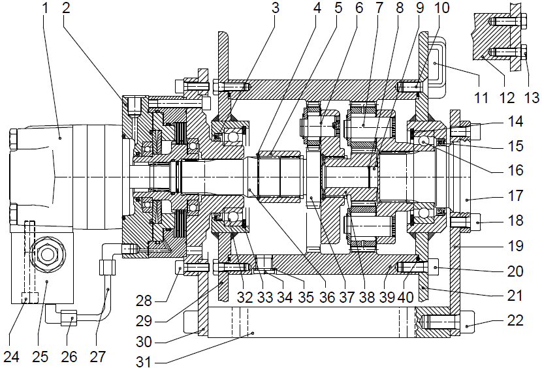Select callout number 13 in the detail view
pyautogui.click(x=532, y=98)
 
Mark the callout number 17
pyautogui.click(x=516, y=194)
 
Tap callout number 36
pyautogui.click(x=328, y=298)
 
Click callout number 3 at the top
pyautogui.click(x=276, y=8)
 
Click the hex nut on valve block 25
pyautogui.click(x=48, y=251)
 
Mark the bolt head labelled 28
pyautogui.click(x=182, y=266)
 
